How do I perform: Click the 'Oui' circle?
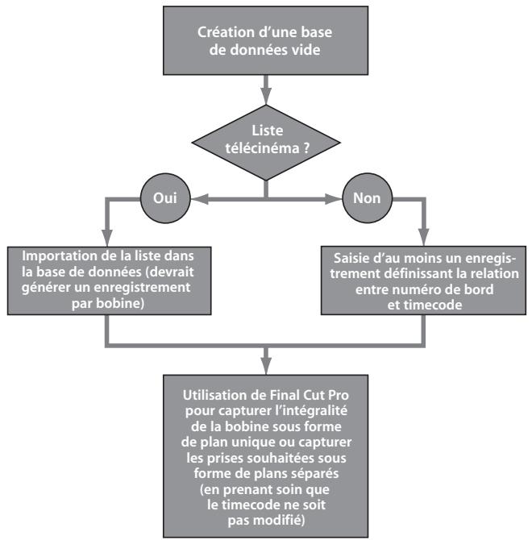(x=165, y=198)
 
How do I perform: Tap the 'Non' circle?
(x=367, y=198)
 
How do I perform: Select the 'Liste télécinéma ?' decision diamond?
(x=266, y=143)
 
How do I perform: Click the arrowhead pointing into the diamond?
(x=266, y=96)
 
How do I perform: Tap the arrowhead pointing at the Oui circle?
(x=200, y=199)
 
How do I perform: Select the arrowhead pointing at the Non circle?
(x=334, y=199)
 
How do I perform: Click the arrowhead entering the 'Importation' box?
(x=107, y=238)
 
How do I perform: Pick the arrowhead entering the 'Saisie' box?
(x=423, y=238)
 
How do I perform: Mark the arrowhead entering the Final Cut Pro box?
(x=266, y=367)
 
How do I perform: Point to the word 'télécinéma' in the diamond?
(x=263, y=148)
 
